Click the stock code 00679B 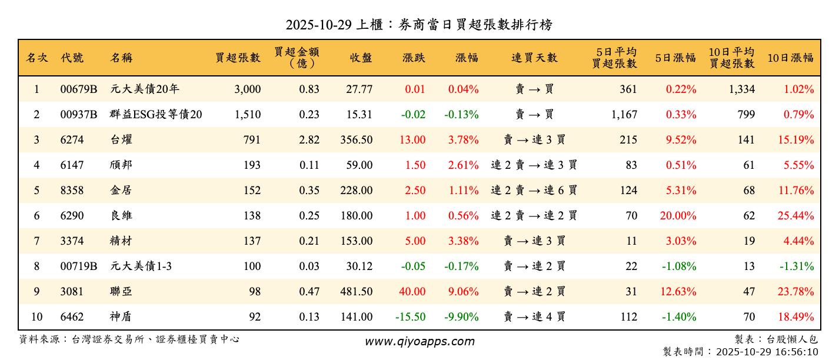click(x=78, y=89)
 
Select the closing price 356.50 click(x=356, y=140)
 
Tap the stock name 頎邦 click(x=121, y=165)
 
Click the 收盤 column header click(x=361, y=58)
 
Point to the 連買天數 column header click(x=534, y=58)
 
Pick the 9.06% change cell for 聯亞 click(x=463, y=292)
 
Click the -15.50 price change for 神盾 click(x=410, y=317)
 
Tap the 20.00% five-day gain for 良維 click(x=678, y=216)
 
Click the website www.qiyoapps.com click(x=419, y=341)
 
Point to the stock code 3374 click(x=72, y=241)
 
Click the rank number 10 click(x=36, y=317)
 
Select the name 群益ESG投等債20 click(x=156, y=115)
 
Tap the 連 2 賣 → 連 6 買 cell click(x=534, y=191)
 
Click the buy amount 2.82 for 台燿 click(x=309, y=140)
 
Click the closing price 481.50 click(x=356, y=292)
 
